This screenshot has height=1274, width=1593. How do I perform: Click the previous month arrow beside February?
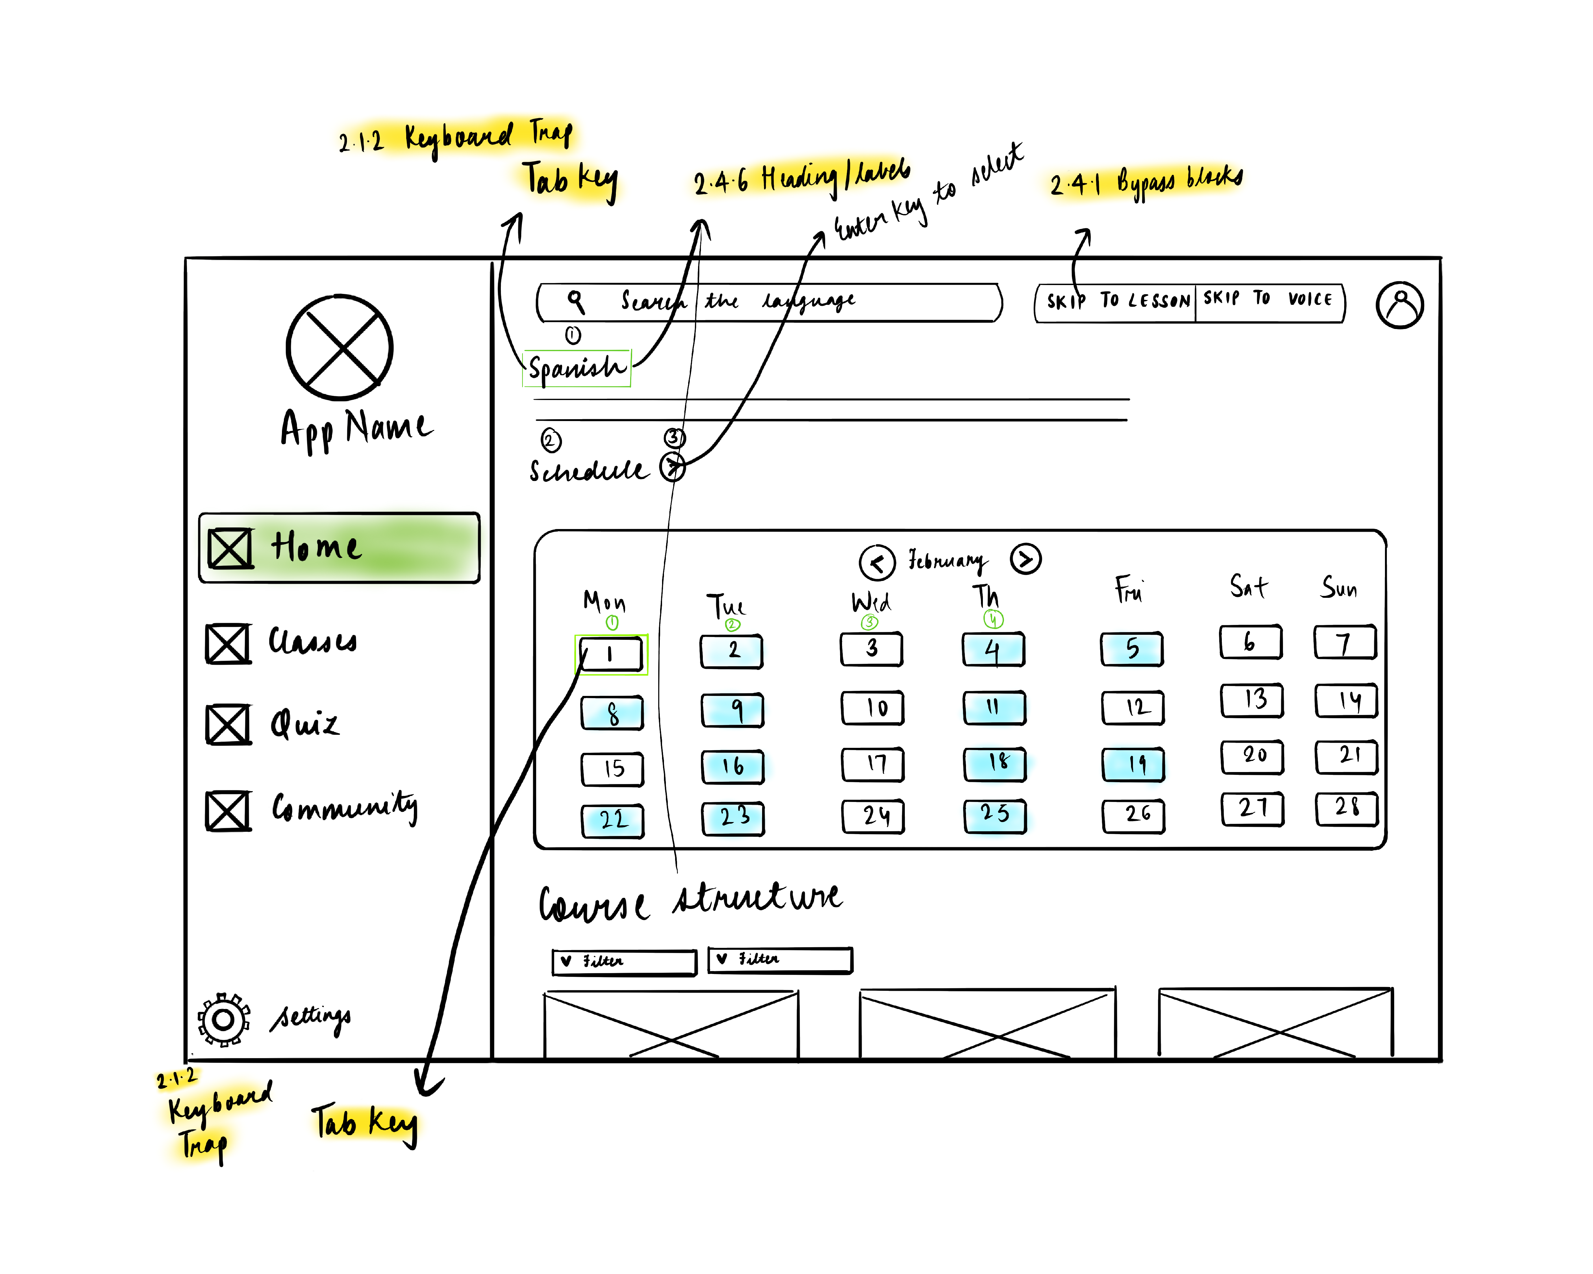click(x=877, y=563)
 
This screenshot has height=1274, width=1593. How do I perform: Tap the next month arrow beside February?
click(x=1026, y=559)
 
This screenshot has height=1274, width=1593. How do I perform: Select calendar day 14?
click(x=1346, y=700)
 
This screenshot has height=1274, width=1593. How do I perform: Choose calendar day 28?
click(x=1346, y=807)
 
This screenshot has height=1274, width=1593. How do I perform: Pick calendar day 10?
click(x=873, y=707)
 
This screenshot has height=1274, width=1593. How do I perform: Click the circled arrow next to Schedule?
click(x=672, y=467)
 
